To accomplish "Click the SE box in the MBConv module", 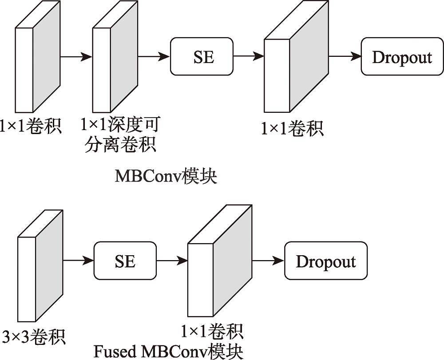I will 202,56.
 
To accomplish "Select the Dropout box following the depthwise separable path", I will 402,56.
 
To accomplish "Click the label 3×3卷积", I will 33,336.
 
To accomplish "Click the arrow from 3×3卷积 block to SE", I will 78,261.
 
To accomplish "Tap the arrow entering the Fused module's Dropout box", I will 268,261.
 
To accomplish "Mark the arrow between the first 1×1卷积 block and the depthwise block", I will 76,56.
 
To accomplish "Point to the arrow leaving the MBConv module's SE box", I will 249,56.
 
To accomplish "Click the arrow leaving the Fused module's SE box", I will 172,261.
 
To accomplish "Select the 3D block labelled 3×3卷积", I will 40,266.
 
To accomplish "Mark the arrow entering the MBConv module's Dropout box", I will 345,56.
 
